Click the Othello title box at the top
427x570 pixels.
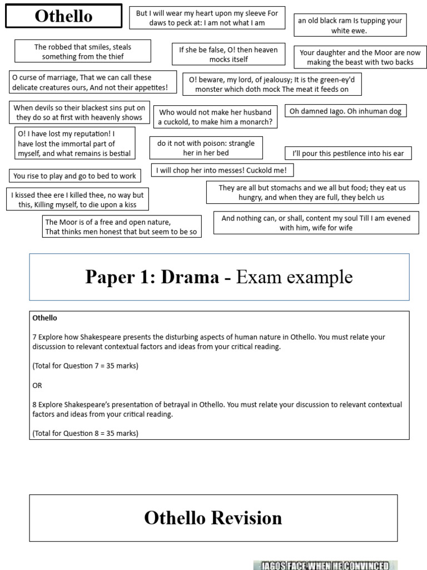(63, 16)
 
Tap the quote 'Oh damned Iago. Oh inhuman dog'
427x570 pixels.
(345, 111)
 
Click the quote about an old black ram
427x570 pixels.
(350, 26)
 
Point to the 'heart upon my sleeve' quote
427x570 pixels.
(207, 18)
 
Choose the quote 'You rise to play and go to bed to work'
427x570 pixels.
(75, 176)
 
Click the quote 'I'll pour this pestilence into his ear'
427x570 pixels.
(348, 153)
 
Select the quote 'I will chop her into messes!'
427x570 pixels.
(222, 170)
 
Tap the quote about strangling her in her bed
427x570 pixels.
(206, 148)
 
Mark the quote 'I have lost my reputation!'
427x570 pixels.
(74, 144)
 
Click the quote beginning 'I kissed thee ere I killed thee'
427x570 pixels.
(77, 200)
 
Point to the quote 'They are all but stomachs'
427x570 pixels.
(312, 193)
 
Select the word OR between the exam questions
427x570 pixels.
(37, 385)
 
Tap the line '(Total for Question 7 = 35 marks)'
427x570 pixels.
(85, 366)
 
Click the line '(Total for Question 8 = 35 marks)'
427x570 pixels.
(85, 433)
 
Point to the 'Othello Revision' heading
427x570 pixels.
(213, 518)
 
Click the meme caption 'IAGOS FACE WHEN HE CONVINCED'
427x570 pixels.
(325, 566)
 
